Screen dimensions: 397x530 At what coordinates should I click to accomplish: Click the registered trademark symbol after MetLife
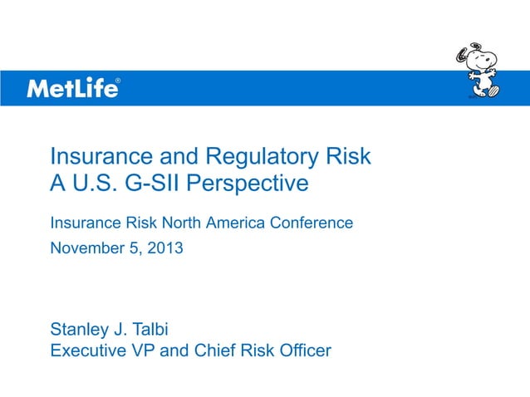tap(118, 81)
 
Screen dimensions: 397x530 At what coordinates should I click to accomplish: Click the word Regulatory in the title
tap(260, 157)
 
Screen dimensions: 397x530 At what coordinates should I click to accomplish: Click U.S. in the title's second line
tap(96, 183)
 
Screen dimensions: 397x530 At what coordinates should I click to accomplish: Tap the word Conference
tap(312, 223)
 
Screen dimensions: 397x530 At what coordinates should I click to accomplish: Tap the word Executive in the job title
tap(90, 350)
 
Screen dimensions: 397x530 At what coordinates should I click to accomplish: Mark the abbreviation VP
tap(144, 350)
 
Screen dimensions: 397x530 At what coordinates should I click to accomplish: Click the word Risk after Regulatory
tap(349, 157)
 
